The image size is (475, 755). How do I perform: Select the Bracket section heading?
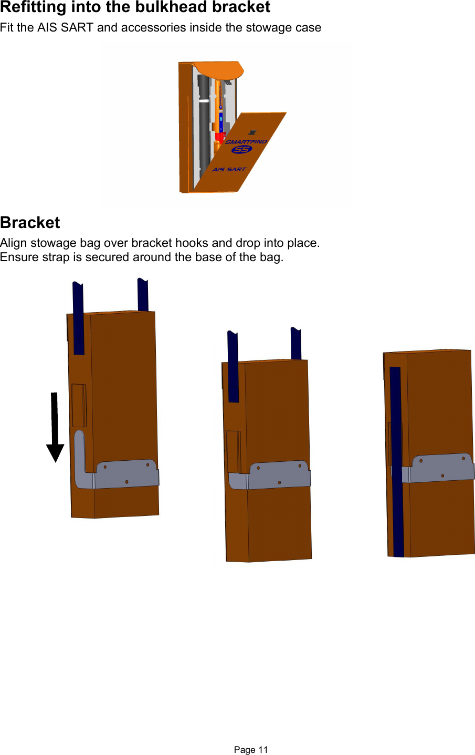pyautogui.click(x=30, y=222)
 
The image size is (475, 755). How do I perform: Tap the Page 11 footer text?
pyautogui.click(x=251, y=750)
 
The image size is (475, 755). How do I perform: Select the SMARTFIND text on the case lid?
pyautogui.click(x=246, y=142)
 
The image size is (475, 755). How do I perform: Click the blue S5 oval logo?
pyautogui.click(x=241, y=150)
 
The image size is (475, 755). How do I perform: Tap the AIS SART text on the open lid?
pyautogui.click(x=229, y=170)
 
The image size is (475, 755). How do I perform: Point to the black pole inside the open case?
pyautogui.click(x=204, y=126)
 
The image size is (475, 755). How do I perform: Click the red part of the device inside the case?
pyautogui.click(x=220, y=138)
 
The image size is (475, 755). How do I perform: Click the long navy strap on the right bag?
pyautogui.click(x=397, y=462)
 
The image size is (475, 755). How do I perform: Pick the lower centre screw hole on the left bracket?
pyautogui.click(x=126, y=482)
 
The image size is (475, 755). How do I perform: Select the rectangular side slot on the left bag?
pyautogui.click(x=79, y=405)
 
